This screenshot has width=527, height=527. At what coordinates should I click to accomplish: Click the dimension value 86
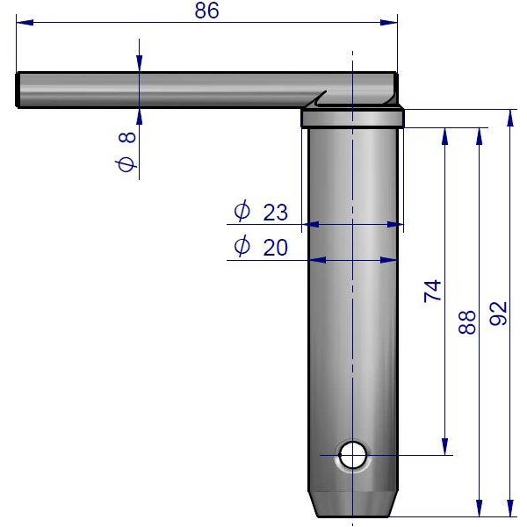pyautogui.click(x=206, y=11)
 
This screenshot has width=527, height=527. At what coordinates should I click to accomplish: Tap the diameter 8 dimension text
pyautogui.click(x=126, y=151)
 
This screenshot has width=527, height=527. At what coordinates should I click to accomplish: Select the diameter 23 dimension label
pyautogui.click(x=261, y=211)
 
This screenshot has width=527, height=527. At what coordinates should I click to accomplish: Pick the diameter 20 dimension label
pyautogui.click(x=261, y=246)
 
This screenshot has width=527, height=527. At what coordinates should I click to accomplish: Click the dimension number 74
pyautogui.click(x=432, y=291)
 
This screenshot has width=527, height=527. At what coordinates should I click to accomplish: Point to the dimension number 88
pyautogui.click(x=467, y=322)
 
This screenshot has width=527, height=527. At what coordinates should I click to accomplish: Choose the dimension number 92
pyautogui.click(x=498, y=314)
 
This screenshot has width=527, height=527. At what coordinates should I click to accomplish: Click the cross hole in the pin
pyautogui.click(x=352, y=455)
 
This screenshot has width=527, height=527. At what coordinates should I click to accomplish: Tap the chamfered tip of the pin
pyautogui.click(x=353, y=504)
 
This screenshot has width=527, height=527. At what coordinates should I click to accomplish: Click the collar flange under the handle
pyautogui.click(x=352, y=118)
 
